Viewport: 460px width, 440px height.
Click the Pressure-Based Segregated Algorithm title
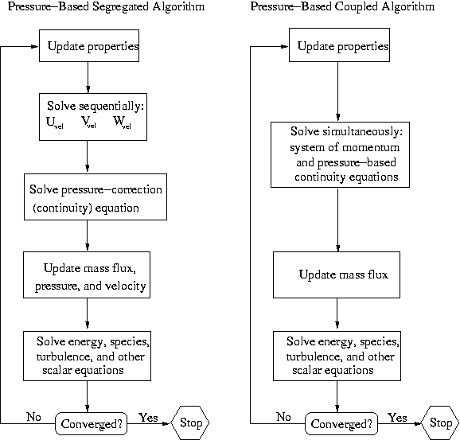[106, 7]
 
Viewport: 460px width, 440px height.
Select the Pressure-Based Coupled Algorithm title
[342, 7]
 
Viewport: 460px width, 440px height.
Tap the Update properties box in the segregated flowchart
[89, 46]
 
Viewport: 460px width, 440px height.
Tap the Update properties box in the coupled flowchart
[339, 45]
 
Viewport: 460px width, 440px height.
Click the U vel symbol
[55, 123]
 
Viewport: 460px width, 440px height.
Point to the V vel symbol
[88, 122]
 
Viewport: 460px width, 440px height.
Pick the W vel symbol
[122, 123]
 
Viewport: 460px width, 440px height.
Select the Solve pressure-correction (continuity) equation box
[96, 197]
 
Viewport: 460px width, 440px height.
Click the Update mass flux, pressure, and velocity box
[87, 275]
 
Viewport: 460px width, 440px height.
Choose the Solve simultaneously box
[340, 154]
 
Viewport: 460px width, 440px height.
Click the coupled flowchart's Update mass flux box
[337, 275]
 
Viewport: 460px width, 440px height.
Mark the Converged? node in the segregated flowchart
[92, 423]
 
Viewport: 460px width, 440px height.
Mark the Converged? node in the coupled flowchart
[341, 423]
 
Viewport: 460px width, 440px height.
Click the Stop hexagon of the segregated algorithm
[190, 422]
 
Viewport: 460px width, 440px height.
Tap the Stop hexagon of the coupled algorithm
[440, 422]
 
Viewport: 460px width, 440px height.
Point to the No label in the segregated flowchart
[33, 417]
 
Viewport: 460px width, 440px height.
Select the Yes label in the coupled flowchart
[397, 418]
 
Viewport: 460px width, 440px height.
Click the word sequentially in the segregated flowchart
[111, 107]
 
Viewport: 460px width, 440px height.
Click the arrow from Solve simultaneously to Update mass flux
[338, 220]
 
